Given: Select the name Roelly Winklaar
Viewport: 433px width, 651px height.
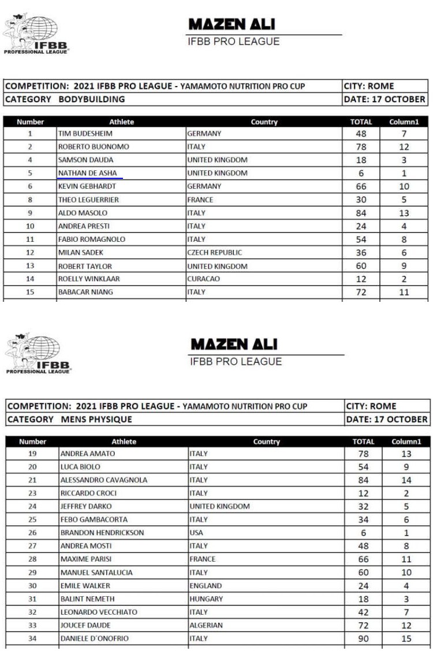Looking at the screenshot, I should [89, 279].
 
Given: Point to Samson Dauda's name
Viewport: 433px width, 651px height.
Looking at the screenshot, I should [85, 160].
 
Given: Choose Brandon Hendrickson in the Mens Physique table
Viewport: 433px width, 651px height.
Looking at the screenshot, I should [102, 533].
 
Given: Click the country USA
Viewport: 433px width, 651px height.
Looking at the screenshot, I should [196, 533].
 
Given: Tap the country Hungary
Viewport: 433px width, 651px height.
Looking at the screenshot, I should [206, 598].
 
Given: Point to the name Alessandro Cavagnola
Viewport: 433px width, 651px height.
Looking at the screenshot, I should [104, 480].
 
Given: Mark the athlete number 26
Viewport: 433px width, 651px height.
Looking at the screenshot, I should [32, 533].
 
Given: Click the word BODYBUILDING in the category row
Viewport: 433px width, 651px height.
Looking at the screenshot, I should [92, 99].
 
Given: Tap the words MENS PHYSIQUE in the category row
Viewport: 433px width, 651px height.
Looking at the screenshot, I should [96, 420].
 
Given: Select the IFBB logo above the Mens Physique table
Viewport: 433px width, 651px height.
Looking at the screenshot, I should [38, 353].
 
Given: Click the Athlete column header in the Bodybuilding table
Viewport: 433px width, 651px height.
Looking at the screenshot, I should [121, 122].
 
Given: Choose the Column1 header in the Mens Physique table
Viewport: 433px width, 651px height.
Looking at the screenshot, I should [406, 442].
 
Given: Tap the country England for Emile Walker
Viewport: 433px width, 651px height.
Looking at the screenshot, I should [206, 586].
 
